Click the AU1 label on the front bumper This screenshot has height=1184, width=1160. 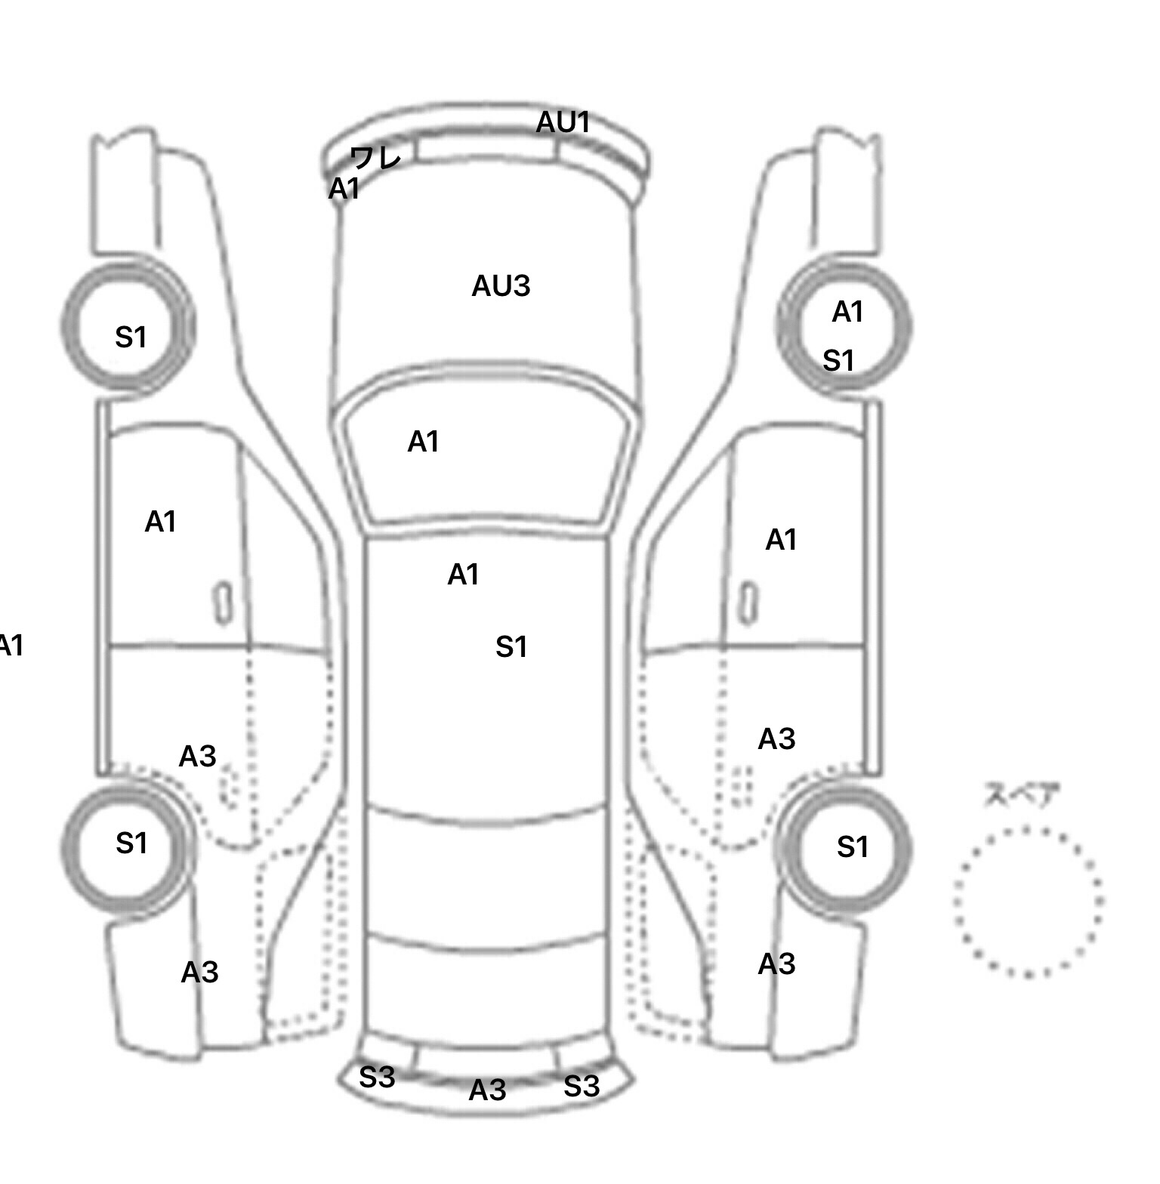click(x=563, y=122)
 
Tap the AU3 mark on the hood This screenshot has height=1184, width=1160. click(x=501, y=286)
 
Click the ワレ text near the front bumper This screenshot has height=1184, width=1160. click(x=375, y=158)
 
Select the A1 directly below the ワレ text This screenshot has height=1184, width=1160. click(x=344, y=189)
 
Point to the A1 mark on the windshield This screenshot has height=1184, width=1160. click(x=423, y=442)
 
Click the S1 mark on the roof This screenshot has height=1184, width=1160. click(x=511, y=647)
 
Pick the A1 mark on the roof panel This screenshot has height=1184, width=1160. click(x=463, y=575)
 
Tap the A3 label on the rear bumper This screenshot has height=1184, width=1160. click(x=487, y=1090)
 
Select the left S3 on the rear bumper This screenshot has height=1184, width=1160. click(x=377, y=1078)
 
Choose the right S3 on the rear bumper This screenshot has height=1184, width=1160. click(x=582, y=1086)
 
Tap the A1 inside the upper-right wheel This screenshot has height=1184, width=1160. click(x=847, y=311)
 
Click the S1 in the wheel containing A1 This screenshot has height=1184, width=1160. click(x=838, y=361)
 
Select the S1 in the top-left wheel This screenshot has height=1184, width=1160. click(x=131, y=337)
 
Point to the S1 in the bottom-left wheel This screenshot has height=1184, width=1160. click(x=131, y=843)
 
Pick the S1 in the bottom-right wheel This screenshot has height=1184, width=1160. click(x=853, y=847)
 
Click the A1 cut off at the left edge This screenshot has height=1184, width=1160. click(x=11, y=646)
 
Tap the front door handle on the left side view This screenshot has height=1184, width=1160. click(x=223, y=603)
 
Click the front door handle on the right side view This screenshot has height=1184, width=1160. click(x=748, y=603)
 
